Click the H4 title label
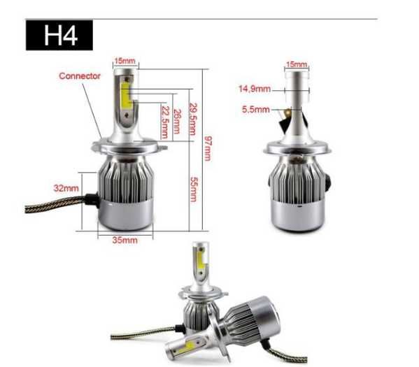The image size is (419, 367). point(59,36)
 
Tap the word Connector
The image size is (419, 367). point(79,75)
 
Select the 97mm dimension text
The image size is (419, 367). point(207,148)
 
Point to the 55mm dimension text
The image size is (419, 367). point(193,189)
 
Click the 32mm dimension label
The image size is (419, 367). point(66,188)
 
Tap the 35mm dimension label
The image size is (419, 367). point(124,240)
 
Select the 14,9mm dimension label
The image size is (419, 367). point(254,89)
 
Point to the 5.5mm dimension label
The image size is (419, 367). point(255,110)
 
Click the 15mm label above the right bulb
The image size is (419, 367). point(296,64)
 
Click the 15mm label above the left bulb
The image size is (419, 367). point(124,62)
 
